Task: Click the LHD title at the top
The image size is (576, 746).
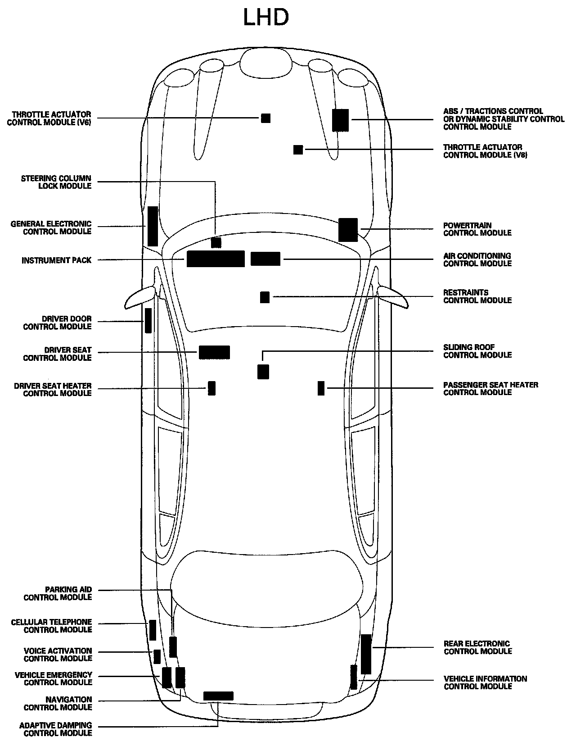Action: tap(265, 18)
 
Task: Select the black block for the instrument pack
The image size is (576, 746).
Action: tap(216, 259)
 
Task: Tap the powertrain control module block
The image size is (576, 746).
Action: tap(348, 230)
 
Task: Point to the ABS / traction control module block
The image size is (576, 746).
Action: tap(340, 120)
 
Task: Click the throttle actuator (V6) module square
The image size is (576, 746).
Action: tap(266, 118)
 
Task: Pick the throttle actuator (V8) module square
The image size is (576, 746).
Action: tap(298, 150)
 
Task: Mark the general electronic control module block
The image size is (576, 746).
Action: tap(153, 226)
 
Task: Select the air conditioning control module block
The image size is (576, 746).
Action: tap(265, 259)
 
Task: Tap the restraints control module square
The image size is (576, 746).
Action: tap(265, 297)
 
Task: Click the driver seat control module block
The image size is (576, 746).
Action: tap(214, 352)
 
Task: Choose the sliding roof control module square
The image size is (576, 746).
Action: tap(263, 372)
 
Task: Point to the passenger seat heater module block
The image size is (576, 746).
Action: tap(321, 388)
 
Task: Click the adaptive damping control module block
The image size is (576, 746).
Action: tap(218, 696)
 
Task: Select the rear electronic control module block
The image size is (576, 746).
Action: tap(366, 654)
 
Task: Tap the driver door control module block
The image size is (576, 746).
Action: tap(148, 321)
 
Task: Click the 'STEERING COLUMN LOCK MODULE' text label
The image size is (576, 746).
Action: tap(56, 182)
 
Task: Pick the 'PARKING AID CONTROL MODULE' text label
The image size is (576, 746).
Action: tap(58, 593)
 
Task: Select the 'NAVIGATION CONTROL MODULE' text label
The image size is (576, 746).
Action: tap(58, 703)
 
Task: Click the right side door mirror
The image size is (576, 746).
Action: tap(393, 297)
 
